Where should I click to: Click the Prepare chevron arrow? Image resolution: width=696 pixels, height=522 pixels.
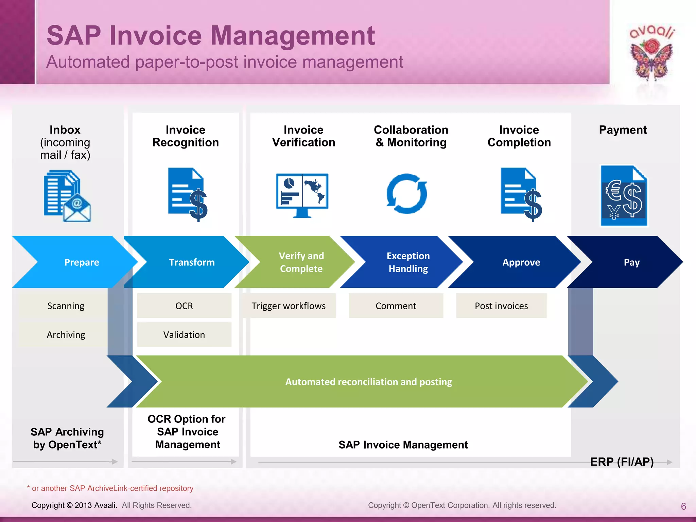pos(82,262)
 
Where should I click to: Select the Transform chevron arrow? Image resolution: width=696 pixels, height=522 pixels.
pos(192,262)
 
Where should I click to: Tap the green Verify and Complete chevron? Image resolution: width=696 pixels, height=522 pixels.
pos(301,262)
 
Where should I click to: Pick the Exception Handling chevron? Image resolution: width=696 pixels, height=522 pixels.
pos(408,262)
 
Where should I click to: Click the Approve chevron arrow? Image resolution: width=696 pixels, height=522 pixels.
pos(521,262)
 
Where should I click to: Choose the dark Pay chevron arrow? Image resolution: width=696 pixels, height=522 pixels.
pos(631,262)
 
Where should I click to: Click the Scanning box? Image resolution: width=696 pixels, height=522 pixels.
pos(66,306)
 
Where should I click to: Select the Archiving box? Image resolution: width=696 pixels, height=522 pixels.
pos(66,335)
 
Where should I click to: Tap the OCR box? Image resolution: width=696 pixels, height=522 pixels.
pos(184,306)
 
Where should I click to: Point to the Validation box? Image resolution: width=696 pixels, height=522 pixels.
pos(184,335)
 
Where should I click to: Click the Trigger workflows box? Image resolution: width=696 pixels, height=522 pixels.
pos(289,306)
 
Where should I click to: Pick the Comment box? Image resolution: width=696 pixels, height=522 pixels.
pos(396,306)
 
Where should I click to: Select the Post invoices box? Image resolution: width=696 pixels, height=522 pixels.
pos(501,306)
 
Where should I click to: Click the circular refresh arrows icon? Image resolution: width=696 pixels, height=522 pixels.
pos(407,194)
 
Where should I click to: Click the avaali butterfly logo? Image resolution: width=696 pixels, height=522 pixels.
pos(651,54)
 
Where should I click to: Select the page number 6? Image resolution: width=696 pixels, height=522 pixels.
pos(683,506)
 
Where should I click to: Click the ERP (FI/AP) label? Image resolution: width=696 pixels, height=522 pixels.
pos(622,462)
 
